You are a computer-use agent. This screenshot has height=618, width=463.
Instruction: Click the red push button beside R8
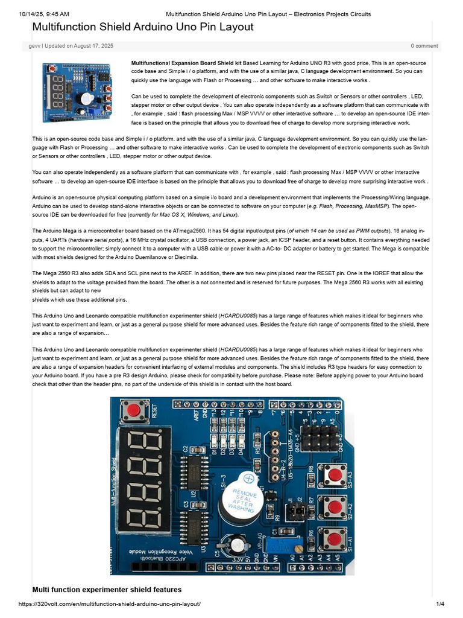(332, 474)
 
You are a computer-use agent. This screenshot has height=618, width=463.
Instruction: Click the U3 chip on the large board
(195, 528)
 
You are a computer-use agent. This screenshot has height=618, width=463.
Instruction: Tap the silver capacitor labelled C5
(236, 546)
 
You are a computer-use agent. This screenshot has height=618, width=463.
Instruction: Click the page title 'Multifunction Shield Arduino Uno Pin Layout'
(142, 27)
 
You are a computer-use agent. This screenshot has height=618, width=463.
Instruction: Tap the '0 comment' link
(424, 46)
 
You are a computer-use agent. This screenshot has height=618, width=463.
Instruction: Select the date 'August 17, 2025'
(91, 46)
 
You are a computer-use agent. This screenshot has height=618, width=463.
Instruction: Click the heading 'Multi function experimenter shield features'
(107, 589)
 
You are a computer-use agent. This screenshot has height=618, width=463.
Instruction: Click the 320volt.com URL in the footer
(109, 604)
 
